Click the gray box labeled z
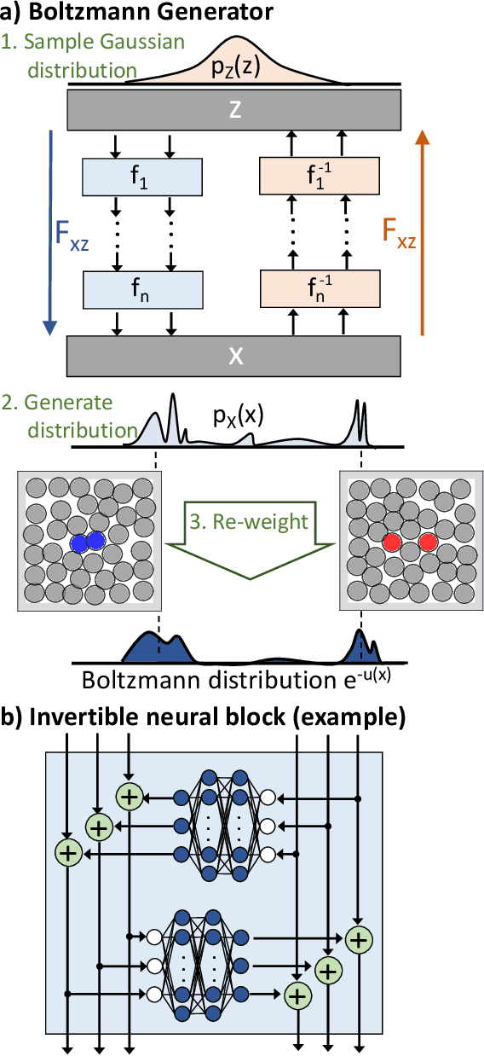[x=233, y=108]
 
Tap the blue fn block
[x=141, y=290]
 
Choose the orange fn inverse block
[x=319, y=290]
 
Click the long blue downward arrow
[x=49, y=230]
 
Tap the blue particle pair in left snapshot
[x=86, y=541]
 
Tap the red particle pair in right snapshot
[x=410, y=542]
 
